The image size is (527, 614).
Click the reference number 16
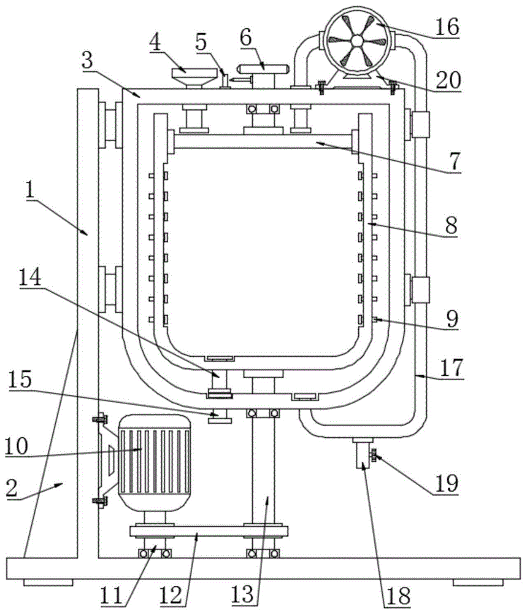click(447, 27)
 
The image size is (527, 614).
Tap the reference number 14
click(30, 278)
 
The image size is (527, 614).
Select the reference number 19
click(447, 484)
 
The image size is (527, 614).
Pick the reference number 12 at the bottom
click(171, 596)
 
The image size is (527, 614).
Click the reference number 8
click(451, 226)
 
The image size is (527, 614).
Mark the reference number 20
click(448, 80)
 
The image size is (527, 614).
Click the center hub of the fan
click(357, 41)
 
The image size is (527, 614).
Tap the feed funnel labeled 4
click(194, 77)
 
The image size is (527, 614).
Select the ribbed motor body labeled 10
click(155, 463)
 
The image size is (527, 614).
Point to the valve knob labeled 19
click(374, 456)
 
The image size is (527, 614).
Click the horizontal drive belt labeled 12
click(209, 531)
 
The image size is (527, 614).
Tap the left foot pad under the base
click(48, 583)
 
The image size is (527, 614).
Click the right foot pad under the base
click(478, 583)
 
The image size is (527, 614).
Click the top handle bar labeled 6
click(264, 69)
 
